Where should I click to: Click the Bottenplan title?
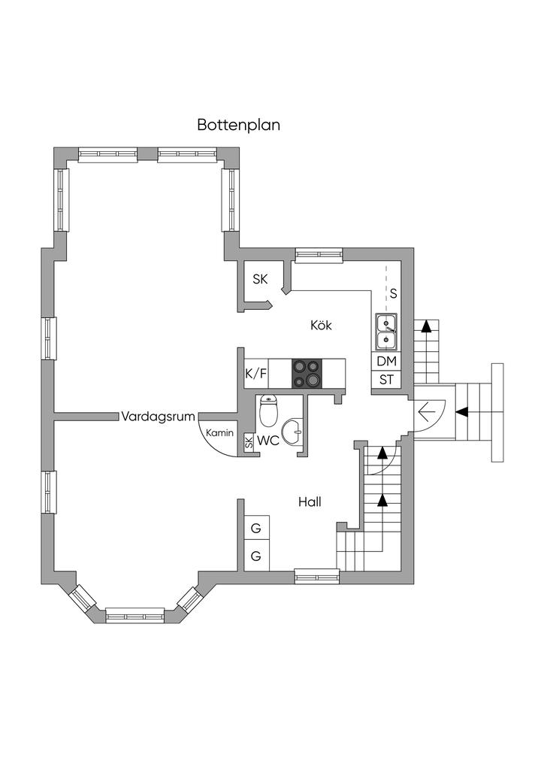[238, 125]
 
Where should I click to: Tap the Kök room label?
[321, 326]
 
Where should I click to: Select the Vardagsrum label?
[159, 416]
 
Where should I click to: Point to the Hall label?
[310, 502]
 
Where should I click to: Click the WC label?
[268, 441]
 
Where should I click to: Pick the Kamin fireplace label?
[220, 434]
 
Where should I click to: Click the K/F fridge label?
[256, 373]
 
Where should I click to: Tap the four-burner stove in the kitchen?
[307, 373]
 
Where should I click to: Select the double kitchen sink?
[387, 332]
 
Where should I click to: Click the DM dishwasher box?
[387, 361]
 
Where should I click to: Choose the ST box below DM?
[387, 380]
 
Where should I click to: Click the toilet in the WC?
[268, 412]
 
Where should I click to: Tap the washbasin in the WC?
[296, 432]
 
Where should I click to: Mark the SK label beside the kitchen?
[260, 280]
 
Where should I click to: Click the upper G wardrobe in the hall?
[256, 529]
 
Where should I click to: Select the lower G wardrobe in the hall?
[256, 556]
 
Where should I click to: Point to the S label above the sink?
[393, 292]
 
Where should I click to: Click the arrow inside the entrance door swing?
[428, 411]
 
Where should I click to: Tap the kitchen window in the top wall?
[319, 256]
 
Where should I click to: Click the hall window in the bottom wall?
[316, 577]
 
